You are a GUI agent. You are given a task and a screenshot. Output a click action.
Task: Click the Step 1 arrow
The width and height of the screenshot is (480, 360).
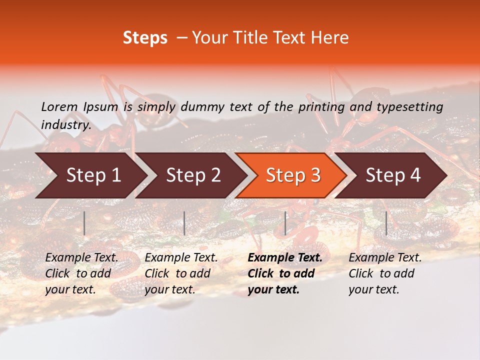(92, 175)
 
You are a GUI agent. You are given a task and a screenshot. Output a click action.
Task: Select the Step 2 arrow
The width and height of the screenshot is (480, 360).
(193, 175)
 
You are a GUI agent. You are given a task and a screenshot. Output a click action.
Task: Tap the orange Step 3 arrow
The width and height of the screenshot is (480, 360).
(293, 175)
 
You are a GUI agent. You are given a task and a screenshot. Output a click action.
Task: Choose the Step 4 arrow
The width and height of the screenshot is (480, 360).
(393, 175)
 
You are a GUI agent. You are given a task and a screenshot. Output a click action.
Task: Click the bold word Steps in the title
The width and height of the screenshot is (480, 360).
(145, 38)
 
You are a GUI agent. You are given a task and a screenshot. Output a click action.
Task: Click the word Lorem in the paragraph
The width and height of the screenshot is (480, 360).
(59, 106)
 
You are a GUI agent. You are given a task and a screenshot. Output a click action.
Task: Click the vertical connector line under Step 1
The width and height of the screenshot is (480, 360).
(84, 223)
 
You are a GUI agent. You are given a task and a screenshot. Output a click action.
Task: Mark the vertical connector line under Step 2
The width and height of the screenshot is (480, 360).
(184, 223)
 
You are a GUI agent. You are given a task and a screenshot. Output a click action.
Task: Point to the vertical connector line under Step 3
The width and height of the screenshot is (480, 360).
(285, 223)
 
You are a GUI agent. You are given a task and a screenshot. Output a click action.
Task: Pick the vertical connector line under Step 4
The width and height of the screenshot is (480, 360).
(386, 223)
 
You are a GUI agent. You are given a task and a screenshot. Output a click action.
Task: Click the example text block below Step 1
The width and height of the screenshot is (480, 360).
(81, 273)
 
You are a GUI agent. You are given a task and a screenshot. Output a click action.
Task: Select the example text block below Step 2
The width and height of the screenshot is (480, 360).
(181, 273)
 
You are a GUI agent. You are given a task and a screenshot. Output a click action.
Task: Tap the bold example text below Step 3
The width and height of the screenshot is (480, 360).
(285, 273)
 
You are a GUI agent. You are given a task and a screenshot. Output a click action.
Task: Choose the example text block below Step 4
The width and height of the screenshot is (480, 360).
(385, 273)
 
